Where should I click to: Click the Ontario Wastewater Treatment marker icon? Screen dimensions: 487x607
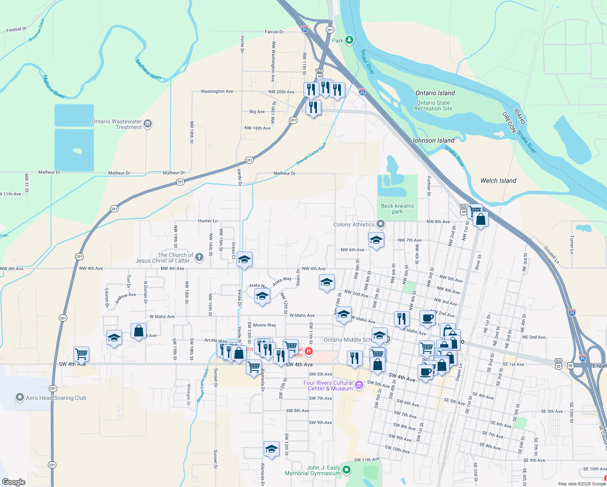tap(148, 124)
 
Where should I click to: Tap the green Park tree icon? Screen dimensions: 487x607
tap(349, 40)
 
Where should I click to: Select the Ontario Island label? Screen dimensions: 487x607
tap(435, 93)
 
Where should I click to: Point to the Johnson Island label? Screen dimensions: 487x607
tap(433, 140)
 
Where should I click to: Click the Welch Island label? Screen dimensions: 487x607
tap(498, 181)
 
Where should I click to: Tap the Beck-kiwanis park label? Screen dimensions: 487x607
tap(397, 209)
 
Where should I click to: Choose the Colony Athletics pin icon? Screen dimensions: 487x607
tap(380, 224)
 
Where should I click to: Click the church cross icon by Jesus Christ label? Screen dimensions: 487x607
tap(199, 257)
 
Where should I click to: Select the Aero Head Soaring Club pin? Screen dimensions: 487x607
tap(19, 398)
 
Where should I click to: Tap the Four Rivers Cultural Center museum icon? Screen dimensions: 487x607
tap(359, 385)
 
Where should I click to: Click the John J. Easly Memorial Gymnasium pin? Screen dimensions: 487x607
tap(346, 470)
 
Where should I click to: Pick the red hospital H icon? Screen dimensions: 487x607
tap(309, 351)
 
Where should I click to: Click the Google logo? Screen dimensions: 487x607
tap(13, 482)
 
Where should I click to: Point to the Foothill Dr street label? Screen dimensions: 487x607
tap(16, 29)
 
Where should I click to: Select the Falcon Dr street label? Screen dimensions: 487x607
tap(274, 32)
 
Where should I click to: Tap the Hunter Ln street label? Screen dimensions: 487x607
tap(208, 221)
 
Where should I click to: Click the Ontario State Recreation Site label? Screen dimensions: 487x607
tap(433, 106)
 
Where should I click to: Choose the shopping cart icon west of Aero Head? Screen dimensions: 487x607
tap(81, 354)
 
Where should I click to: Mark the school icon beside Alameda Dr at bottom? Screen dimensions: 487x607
tap(271, 449)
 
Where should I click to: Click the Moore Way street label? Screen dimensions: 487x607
tap(264, 325)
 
